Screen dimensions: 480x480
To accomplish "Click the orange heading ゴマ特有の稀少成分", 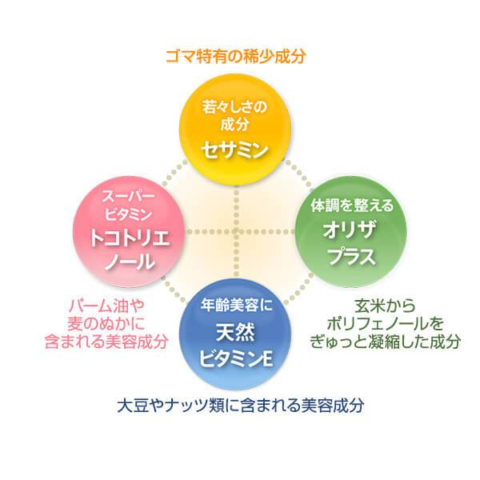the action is pos(236,57).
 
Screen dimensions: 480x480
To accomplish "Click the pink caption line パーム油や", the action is pos(106,307).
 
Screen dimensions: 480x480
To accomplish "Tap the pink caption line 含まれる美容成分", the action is pos(107,342).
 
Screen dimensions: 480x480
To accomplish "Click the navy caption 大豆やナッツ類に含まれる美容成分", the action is pos(239,405).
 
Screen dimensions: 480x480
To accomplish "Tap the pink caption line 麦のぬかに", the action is pos(106,324).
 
